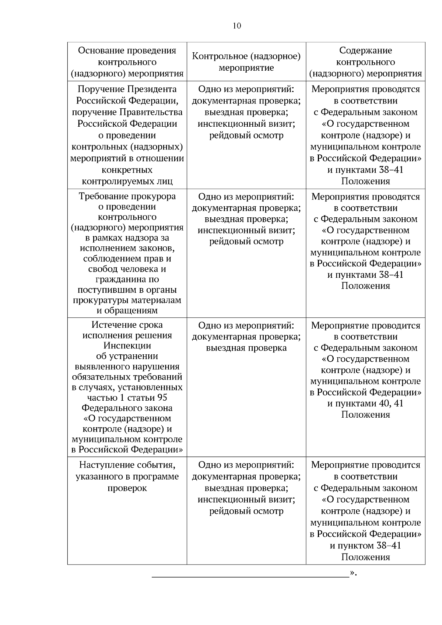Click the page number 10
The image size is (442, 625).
click(237, 26)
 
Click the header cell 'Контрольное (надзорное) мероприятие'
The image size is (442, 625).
click(246, 62)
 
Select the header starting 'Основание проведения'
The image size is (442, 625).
click(127, 62)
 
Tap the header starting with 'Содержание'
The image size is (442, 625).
click(365, 62)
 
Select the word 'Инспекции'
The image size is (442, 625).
click(127, 345)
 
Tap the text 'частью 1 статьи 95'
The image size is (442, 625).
click(127, 397)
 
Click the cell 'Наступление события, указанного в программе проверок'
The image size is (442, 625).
click(127, 476)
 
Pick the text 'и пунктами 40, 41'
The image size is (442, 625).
click(365, 403)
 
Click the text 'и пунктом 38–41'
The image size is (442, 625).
click(365, 545)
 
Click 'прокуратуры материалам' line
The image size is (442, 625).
click(127, 300)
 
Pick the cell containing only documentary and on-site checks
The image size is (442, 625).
click(246, 337)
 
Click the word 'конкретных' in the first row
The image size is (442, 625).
click(127, 170)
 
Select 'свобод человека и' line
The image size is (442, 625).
click(127, 269)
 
